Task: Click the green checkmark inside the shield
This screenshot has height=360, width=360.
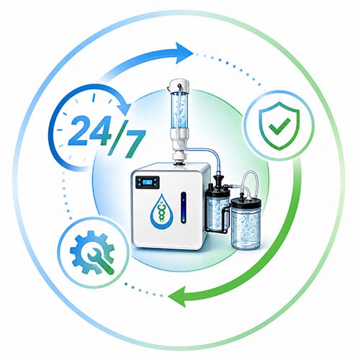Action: pyautogui.click(x=279, y=126)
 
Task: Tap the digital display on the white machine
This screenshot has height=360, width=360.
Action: pyautogui.click(x=148, y=182)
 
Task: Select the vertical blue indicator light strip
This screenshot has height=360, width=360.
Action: pyautogui.click(x=184, y=207)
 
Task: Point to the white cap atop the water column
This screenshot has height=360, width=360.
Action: pyautogui.click(x=179, y=86)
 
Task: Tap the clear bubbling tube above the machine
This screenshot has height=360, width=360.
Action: pyautogui.click(x=179, y=110)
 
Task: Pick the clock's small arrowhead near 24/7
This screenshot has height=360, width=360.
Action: pyautogui.click(x=126, y=107)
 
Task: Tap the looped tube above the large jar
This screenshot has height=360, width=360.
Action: pyautogui.click(x=249, y=179)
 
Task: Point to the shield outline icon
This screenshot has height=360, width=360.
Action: pyautogui.click(x=279, y=126)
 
